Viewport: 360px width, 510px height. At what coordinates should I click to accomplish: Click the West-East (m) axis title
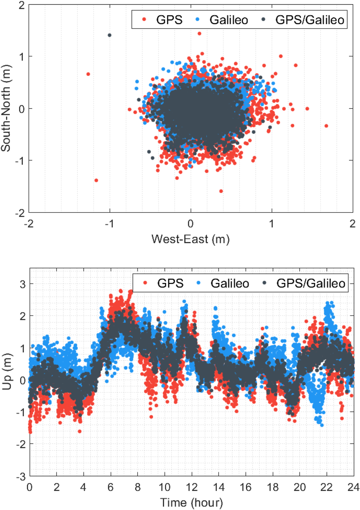[x=190, y=239]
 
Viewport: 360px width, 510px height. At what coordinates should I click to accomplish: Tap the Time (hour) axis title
[x=191, y=502]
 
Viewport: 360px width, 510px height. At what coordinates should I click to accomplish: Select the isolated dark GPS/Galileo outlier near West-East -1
[x=110, y=35]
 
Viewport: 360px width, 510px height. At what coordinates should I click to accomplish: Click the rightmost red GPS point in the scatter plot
[x=326, y=126]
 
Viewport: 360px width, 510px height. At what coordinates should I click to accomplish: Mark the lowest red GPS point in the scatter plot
[x=221, y=191]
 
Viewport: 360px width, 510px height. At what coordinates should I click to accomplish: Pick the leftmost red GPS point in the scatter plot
[x=88, y=74]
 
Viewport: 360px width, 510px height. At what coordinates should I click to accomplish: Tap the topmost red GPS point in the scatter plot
[x=199, y=33]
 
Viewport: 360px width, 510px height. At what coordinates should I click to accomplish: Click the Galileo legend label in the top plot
[x=229, y=20]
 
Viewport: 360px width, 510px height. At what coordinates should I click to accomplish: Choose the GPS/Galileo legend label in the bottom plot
[x=311, y=283]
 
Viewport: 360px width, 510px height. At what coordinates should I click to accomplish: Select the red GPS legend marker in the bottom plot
[x=145, y=283]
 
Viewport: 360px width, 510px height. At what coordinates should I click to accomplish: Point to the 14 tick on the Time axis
[x=219, y=487]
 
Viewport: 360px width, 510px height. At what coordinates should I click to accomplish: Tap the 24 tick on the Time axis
[x=353, y=487]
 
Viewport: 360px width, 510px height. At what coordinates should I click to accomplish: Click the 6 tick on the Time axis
[x=111, y=487]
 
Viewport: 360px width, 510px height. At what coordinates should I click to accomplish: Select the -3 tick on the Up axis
[x=22, y=476]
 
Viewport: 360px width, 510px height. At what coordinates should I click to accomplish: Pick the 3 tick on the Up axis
[x=23, y=284]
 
